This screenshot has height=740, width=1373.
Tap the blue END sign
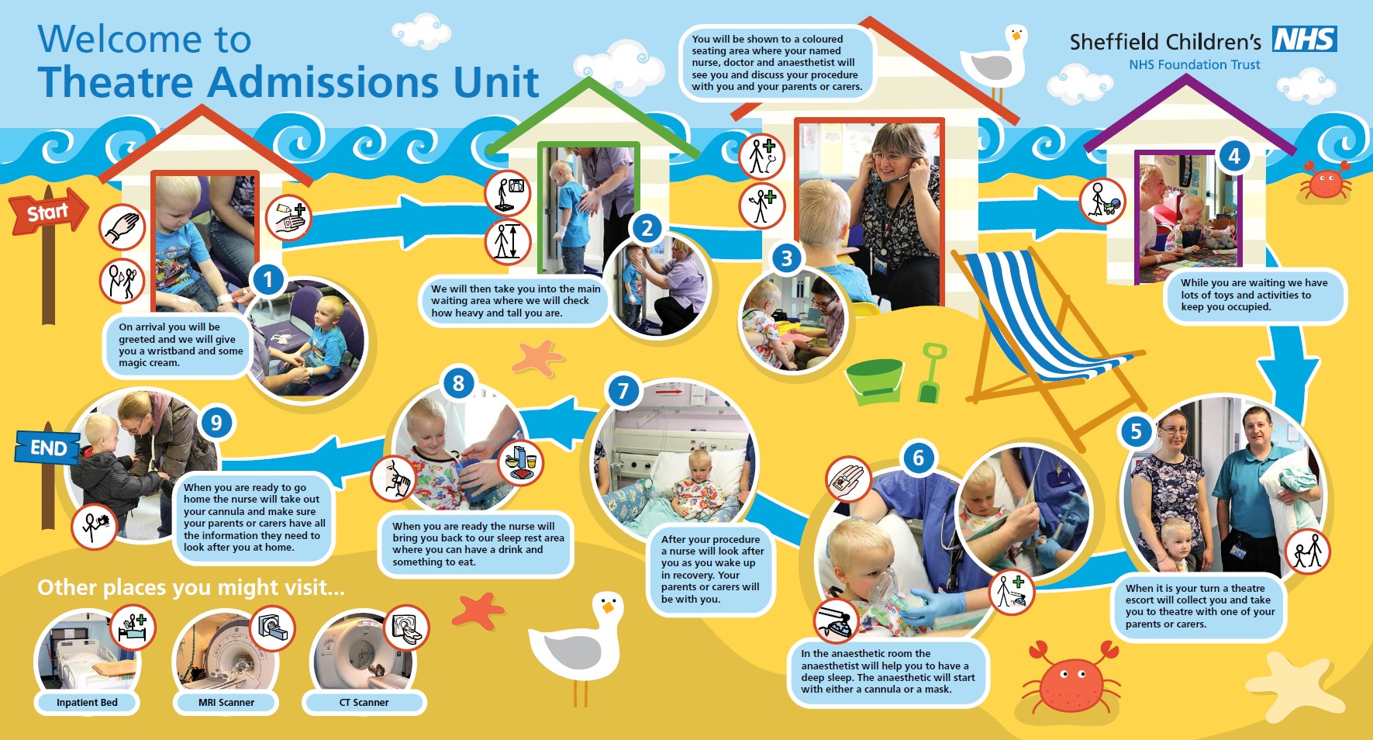pyautogui.click(x=47, y=448)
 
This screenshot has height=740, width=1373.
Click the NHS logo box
pyautogui.click(x=1305, y=39)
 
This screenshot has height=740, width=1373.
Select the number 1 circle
pyautogui.click(x=268, y=279)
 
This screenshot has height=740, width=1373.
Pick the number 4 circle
pyautogui.click(x=1234, y=157)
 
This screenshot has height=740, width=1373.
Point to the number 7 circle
pyautogui.click(x=623, y=391)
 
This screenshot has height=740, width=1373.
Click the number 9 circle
pyautogui.click(x=216, y=423)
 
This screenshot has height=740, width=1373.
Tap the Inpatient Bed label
pyautogui.click(x=87, y=703)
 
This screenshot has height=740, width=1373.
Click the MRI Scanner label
pyautogui.click(x=226, y=703)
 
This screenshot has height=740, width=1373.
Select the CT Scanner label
pyautogui.click(x=364, y=703)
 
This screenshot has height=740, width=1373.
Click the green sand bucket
pyautogui.click(x=875, y=382)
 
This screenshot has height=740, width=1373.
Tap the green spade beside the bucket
pyautogui.click(x=930, y=373)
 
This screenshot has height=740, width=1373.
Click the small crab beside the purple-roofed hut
pyautogui.click(x=1326, y=181)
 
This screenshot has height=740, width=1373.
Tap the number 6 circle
pyautogui.click(x=919, y=458)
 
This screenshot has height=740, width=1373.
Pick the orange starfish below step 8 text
pyautogui.click(x=478, y=610)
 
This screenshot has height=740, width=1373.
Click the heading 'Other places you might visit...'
pyautogui.click(x=191, y=587)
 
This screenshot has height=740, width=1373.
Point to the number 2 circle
pyautogui.click(x=647, y=228)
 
